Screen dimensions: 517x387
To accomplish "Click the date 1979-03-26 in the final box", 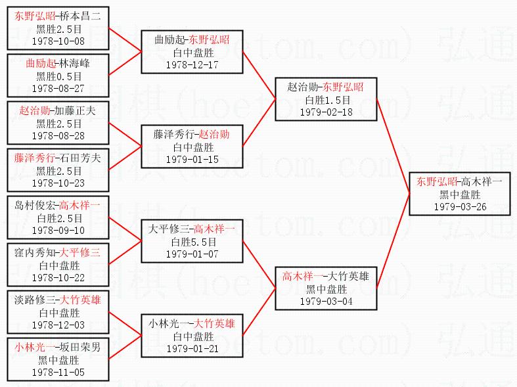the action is tap(460, 206).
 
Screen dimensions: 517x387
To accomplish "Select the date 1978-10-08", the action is tap(58, 41).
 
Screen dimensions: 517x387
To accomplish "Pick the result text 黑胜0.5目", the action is tap(58, 76).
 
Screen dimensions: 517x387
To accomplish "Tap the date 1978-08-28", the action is tap(58, 135).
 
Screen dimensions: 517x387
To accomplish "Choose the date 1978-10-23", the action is tap(58, 183).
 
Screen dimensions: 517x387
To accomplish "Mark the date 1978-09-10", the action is tap(58, 230).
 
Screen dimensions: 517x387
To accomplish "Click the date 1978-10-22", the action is tap(58, 277).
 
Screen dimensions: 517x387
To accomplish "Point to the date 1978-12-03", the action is tap(58, 325).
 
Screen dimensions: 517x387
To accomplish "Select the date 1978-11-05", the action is tap(58, 372).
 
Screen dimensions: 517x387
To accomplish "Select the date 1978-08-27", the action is tap(58, 88).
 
